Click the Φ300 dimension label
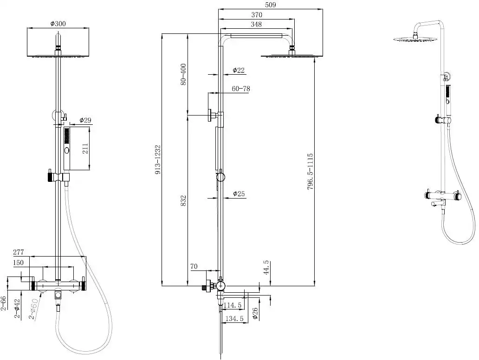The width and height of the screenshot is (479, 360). (58, 24)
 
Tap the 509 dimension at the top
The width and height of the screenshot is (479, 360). (271, 5)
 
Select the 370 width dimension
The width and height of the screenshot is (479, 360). (257, 14)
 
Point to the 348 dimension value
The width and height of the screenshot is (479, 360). (256, 24)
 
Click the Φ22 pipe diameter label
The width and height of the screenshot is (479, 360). (239, 70)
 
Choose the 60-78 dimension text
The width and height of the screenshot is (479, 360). (241, 89)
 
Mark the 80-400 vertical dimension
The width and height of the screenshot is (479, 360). (183, 74)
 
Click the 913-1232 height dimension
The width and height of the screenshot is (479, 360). (158, 160)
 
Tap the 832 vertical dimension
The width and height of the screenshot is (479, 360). (183, 201)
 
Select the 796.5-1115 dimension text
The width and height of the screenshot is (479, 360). (310, 172)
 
